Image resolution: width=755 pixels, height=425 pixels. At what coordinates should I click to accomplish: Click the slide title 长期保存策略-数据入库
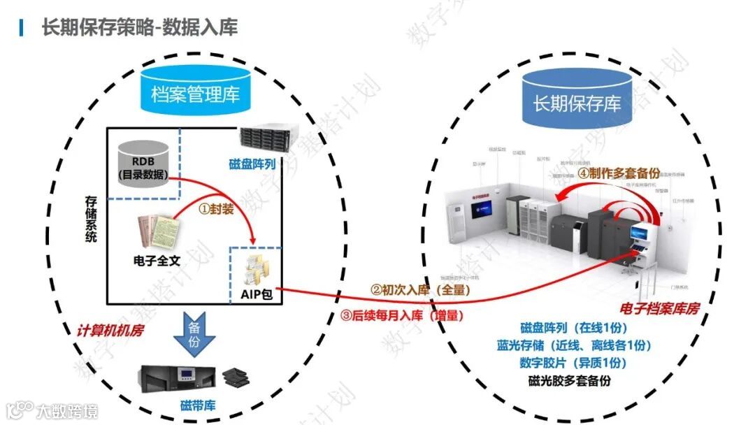(140, 27)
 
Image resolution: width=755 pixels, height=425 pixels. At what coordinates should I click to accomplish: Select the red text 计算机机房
(110, 330)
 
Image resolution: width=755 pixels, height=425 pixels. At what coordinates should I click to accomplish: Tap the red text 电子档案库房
(659, 308)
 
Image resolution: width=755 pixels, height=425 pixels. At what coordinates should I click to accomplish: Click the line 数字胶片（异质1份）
(573, 363)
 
